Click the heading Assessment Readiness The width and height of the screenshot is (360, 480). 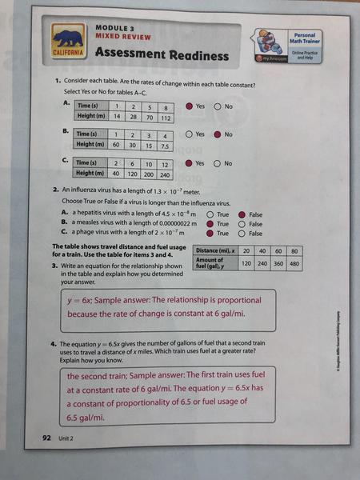pos(162,54)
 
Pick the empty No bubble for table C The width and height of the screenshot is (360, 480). pos(218,163)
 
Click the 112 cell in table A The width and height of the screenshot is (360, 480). pos(166,117)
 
